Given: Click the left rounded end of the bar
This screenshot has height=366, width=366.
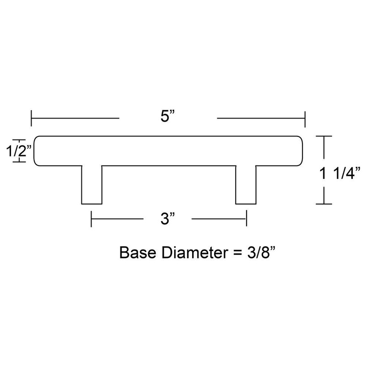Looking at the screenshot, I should [x=37, y=151].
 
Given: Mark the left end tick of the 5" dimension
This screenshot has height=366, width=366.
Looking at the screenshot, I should [x=32, y=118].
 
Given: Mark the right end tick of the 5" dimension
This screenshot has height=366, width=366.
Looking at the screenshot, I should [x=305, y=118].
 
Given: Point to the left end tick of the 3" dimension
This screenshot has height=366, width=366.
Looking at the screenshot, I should [x=92, y=219].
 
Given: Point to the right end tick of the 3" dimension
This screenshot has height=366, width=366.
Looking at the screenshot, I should [x=247, y=219].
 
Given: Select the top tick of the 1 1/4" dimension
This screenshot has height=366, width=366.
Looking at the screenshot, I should [x=324, y=136].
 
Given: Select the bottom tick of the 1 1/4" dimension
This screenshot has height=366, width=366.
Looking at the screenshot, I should [x=324, y=204].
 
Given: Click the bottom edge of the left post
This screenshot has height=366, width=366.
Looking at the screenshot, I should [x=91, y=204].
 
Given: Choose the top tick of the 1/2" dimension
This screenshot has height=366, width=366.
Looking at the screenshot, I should [x=18, y=140].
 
